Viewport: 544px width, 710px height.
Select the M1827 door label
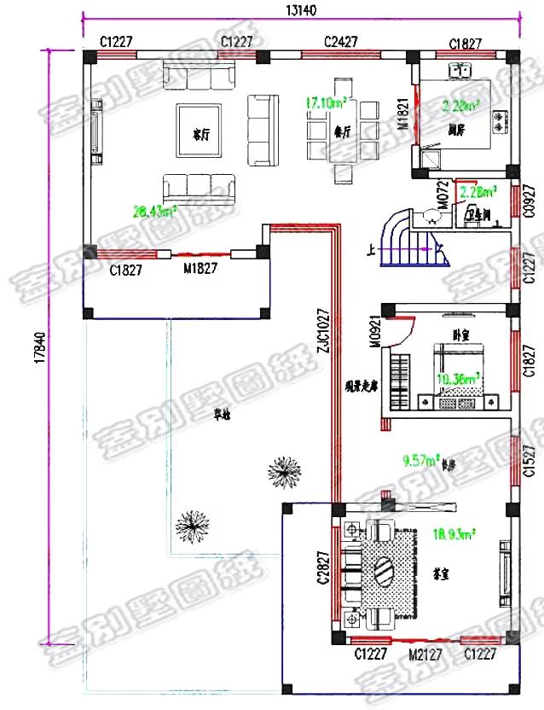pyautogui.click(x=200, y=270)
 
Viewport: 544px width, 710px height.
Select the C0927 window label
pyautogui.click(x=529, y=203)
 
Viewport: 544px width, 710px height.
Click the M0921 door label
pyautogui.click(x=374, y=335)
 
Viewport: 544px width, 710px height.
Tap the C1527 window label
pyautogui.click(x=529, y=462)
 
